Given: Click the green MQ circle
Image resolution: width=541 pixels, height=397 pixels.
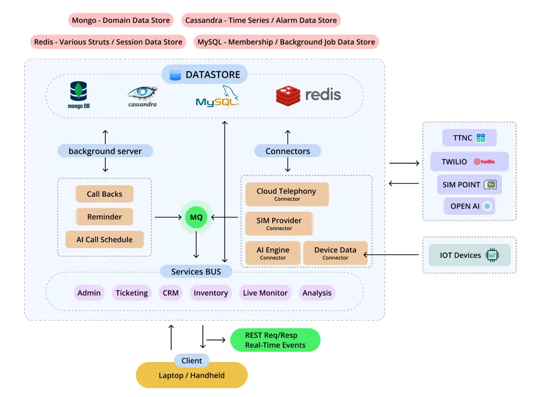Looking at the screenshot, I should [x=196, y=217].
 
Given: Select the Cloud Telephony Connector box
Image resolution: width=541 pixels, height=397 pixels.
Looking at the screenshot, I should [x=286, y=194].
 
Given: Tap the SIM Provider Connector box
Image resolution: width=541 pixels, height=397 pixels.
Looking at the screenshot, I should [x=279, y=224].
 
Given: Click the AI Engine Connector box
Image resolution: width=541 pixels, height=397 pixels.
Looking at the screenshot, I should [x=273, y=253].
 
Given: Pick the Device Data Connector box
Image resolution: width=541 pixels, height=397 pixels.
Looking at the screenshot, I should [x=335, y=253].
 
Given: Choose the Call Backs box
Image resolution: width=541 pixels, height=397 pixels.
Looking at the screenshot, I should [x=104, y=194].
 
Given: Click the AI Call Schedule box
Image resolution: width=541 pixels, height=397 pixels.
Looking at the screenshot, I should [x=104, y=239].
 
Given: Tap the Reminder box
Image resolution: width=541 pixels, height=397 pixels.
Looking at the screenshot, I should [x=104, y=216].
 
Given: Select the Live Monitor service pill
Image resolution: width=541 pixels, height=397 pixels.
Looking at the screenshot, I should [x=265, y=293].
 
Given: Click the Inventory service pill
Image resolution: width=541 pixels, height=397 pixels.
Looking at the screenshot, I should [x=211, y=293].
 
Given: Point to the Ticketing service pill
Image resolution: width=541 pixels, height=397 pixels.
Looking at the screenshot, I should [x=132, y=293].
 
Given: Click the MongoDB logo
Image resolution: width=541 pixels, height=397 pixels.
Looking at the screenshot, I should [x=79, y=94].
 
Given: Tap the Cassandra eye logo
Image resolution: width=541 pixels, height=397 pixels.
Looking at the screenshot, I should [x=143, y=93].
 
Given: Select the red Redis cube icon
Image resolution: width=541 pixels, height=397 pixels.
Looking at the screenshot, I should [x=288, y=95].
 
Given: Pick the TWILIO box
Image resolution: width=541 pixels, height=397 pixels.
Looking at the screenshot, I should [x=469, y=162].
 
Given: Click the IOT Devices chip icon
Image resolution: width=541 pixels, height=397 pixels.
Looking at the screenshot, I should [x=492, y=255].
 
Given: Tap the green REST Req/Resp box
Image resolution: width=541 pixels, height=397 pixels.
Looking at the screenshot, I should [x=275, y=341].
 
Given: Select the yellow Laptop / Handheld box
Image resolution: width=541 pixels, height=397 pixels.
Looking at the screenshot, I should [x=191, y=376].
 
